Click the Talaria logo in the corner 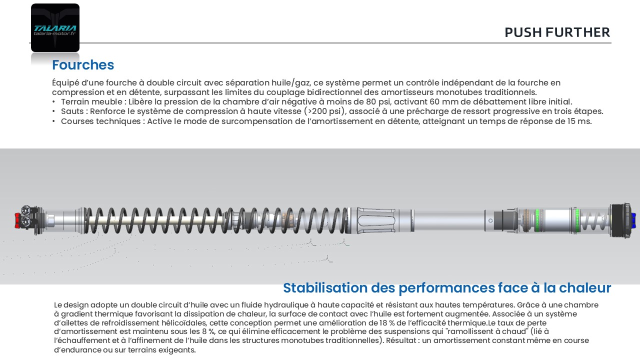point(55,27)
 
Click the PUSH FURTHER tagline point(557,32)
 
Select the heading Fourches point(83,65)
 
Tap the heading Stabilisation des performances point(446,288)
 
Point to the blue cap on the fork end point(633,219)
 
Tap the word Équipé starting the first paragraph point(65,83)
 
